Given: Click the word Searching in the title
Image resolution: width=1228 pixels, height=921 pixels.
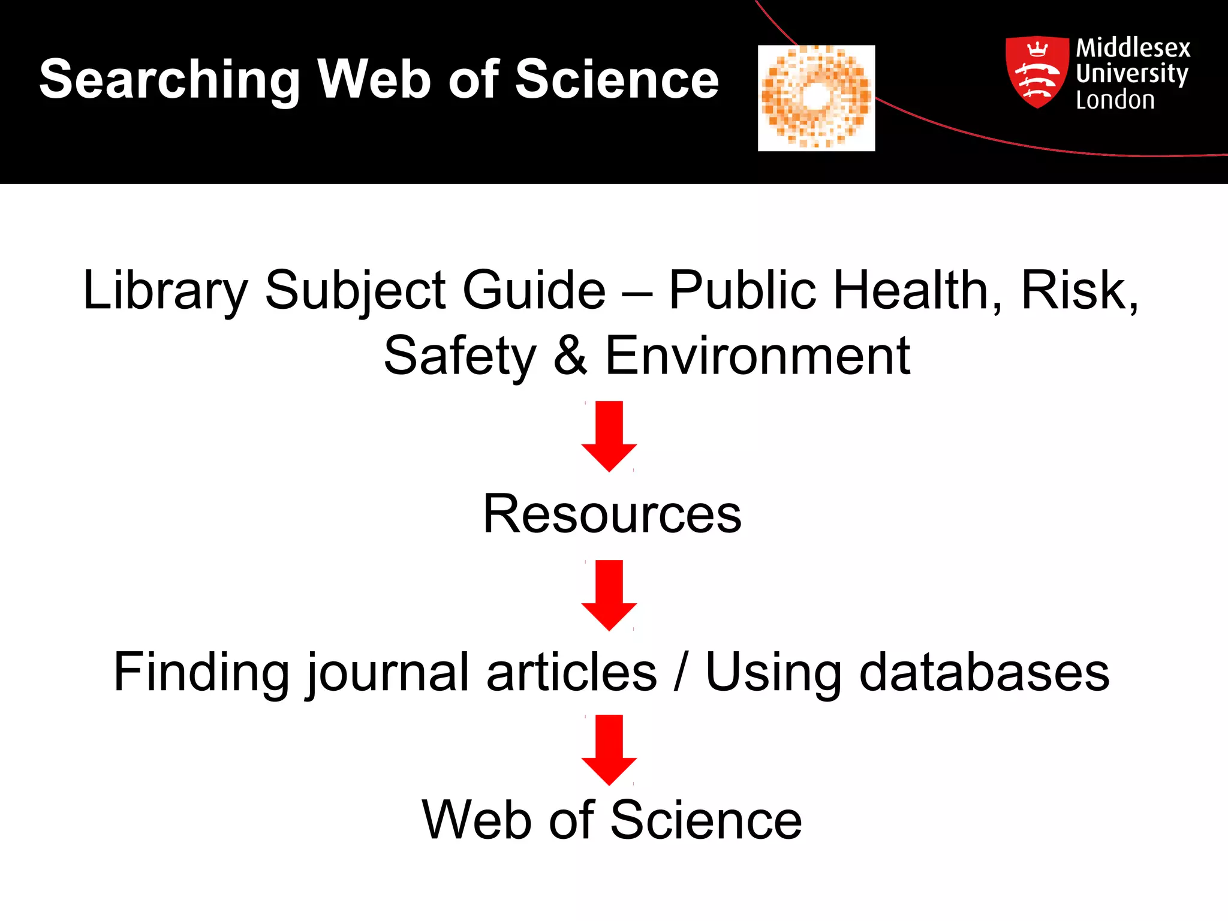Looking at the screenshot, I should [170, 80].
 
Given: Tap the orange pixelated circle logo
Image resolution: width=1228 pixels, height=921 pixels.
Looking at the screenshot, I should [816, 98].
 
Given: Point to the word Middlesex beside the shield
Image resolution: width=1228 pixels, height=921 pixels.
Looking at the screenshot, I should [1133, 48].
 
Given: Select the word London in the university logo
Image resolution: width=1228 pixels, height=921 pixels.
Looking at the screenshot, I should [1115, 100].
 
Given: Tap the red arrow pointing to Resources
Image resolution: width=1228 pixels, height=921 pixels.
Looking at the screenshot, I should [609, 436].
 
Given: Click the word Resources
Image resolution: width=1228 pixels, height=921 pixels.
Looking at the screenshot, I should [612, 514].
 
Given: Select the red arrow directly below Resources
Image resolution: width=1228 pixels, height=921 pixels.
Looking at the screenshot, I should [609, 595].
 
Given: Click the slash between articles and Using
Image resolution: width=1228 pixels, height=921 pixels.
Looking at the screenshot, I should [681, 673].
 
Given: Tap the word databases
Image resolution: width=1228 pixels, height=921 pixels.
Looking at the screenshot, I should [984, 673].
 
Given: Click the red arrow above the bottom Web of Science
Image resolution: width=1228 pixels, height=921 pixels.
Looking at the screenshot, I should [609, 750].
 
